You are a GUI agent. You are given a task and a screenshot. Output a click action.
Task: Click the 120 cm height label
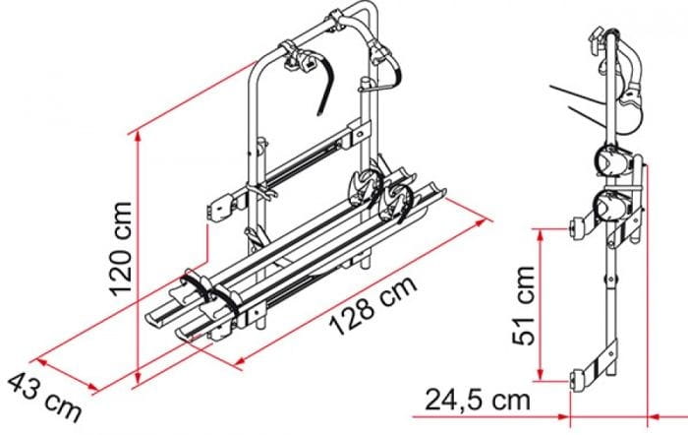click(x=119, y=248)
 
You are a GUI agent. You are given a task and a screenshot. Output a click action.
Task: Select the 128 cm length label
click(x=373, y=305)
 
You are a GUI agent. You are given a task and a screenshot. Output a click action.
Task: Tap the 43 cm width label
click(x=44, y=397)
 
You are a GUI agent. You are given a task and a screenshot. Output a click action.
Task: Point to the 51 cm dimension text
click(x=524, y=305)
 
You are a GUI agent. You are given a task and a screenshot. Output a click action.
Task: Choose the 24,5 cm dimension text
click(x=478, y=400)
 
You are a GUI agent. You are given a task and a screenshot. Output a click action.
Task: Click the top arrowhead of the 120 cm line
click(x=139, y=136)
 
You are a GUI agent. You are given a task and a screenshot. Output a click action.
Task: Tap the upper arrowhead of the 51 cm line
click(x=541, y=234)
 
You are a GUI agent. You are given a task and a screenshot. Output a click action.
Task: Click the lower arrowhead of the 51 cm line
click(x=541, y=375)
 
